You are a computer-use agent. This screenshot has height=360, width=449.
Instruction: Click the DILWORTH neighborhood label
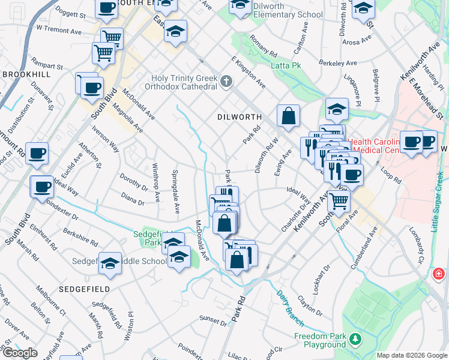(240, 118)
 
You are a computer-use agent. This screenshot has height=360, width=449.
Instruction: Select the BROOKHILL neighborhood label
(26, 74)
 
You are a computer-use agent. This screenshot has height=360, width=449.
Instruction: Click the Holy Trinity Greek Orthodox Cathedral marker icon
(226, 82)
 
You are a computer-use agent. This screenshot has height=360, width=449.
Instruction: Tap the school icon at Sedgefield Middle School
(110, 263)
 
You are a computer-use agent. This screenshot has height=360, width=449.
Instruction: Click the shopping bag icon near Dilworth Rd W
(288, 116)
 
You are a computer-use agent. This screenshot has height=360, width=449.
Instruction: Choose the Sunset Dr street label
(213, 321)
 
